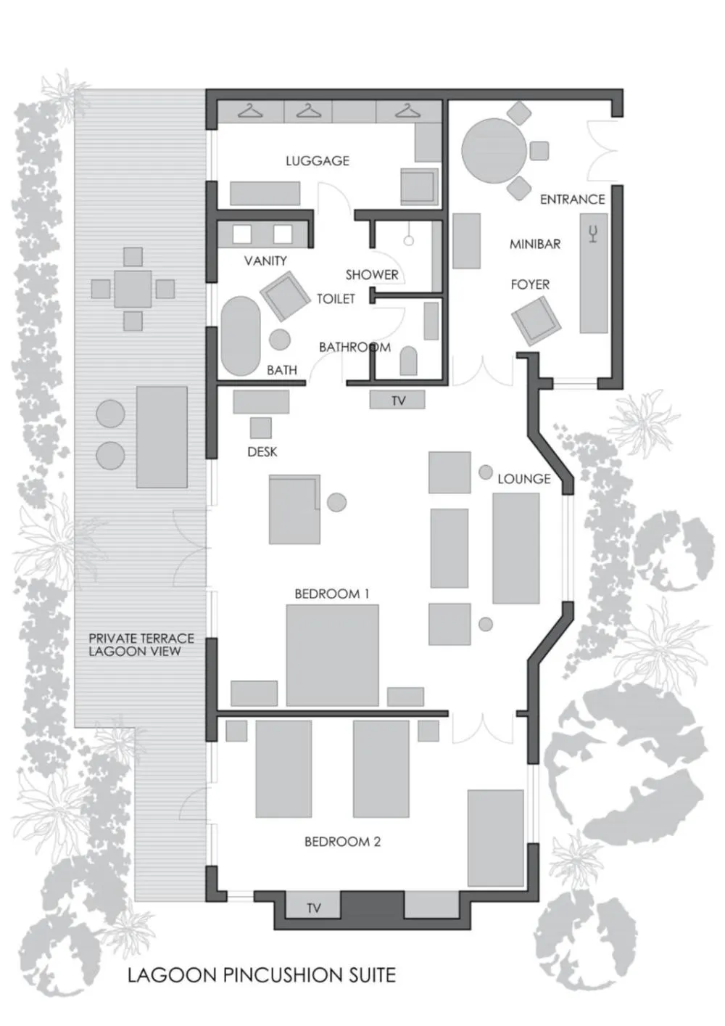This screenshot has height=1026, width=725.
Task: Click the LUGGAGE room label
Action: (317, 161)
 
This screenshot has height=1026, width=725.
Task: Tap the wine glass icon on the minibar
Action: (593, 234)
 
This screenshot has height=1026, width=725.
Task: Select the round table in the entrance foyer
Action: (494, 150)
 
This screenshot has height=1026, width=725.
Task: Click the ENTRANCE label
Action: (572, 200)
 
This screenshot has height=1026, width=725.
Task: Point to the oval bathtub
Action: (240, 335)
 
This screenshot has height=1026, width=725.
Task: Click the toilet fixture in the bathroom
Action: (408, 361)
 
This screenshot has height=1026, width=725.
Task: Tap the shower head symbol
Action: (408, 239)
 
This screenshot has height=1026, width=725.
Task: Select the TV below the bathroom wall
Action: (397, 400)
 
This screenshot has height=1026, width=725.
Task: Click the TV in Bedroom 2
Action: (313, 907)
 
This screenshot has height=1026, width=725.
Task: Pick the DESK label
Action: (262, 452)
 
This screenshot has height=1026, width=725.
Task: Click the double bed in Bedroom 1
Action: (332, 655)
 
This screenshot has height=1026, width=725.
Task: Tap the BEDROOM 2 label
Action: (342, 842)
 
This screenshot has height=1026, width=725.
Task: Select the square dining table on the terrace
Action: (133, 289)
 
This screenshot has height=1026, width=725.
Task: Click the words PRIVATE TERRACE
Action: (141, 639)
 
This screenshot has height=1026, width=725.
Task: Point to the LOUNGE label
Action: (523, 479)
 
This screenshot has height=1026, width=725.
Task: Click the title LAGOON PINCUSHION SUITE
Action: (262, 975)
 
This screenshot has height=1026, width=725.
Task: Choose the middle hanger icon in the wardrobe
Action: (309, 111)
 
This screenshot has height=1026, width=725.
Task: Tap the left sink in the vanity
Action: (241, 234)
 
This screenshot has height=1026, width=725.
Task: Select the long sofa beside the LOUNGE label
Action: (515, 548)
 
